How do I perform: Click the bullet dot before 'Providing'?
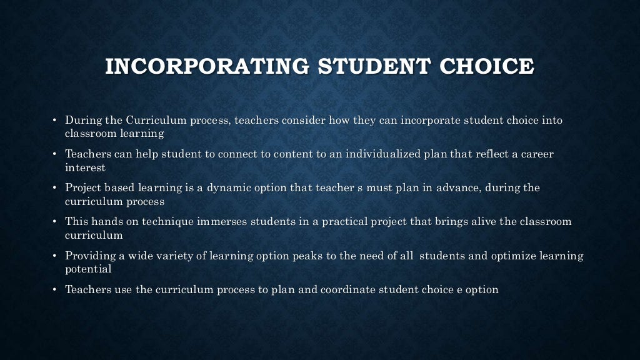pos(55,256)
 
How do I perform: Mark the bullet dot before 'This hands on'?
pos(55,222)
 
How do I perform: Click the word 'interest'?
pos(85,167)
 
